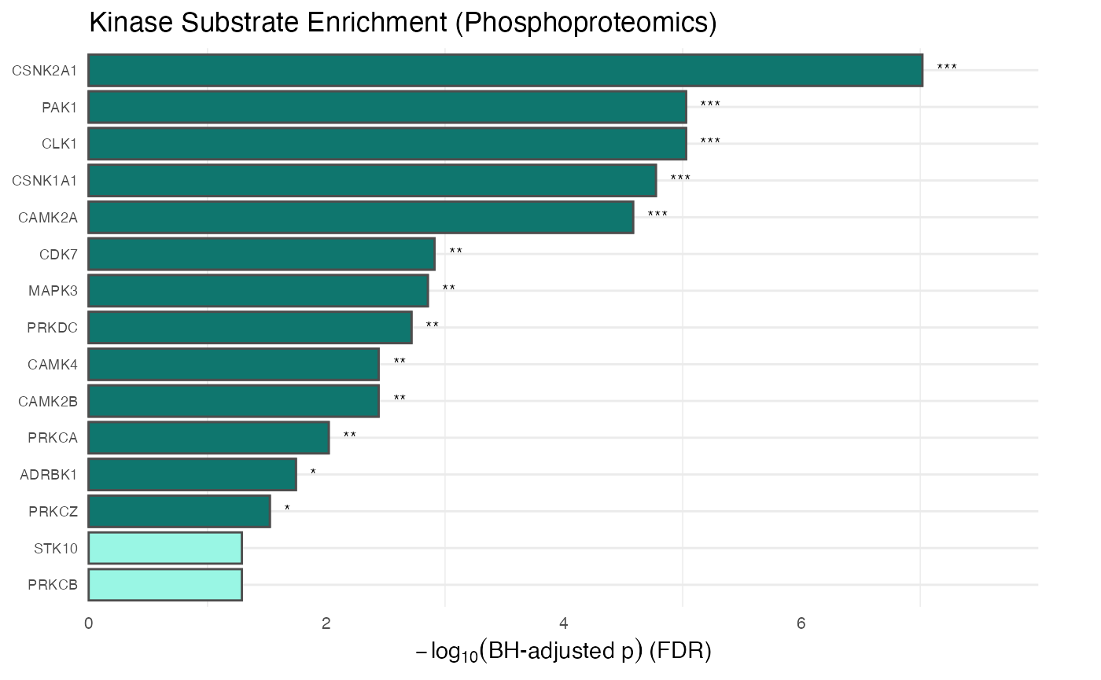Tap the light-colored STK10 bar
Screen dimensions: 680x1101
164,548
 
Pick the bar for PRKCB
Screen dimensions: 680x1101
164,585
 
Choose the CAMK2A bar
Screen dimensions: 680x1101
360,217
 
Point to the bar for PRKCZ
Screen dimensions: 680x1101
179,511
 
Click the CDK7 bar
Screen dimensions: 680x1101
261,254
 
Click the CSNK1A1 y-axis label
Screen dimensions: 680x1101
45,181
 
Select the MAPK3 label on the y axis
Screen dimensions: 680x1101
53,291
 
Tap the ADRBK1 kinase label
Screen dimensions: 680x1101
49,475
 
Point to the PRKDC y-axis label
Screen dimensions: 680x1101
52,328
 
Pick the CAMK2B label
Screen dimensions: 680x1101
48,402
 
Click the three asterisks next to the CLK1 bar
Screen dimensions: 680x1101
710,142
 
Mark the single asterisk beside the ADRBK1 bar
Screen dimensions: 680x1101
313,472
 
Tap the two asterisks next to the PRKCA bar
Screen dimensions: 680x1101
350,436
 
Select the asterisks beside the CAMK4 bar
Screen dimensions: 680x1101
400,362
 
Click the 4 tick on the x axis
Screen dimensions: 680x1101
564,624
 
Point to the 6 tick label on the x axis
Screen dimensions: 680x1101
801,624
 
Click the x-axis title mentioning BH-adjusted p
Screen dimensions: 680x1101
563,651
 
